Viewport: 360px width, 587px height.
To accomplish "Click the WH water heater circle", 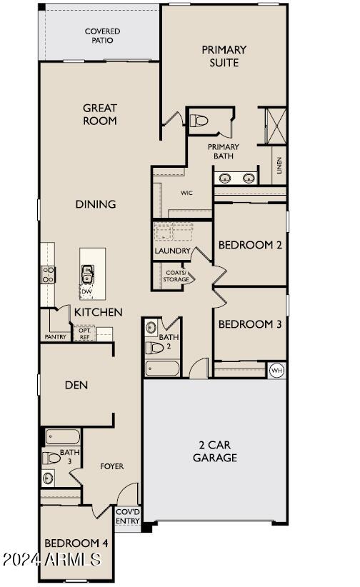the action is coord(277,370).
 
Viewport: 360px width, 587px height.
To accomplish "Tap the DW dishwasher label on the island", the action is coord(86,291).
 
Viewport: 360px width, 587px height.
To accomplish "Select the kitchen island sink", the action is coord(88,274).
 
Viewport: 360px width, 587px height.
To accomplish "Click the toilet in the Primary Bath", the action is coord(199,121).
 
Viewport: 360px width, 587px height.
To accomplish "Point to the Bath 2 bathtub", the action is coord(163,368).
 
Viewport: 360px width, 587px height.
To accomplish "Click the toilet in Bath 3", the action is coord(51,458).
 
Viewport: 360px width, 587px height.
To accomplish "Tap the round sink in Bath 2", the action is coord(151,327).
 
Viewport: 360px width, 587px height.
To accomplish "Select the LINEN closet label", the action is coord(279,165).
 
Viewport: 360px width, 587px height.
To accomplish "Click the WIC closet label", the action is coord(186,193).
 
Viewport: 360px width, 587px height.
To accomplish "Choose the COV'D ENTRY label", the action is coord(128,516).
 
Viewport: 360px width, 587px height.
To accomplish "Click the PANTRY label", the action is coord(56,337).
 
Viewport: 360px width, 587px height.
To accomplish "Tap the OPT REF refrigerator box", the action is coord(85,333).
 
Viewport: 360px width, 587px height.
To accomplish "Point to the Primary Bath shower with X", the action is coord(276,126).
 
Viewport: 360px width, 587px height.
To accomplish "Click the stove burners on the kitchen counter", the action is coord(49,274).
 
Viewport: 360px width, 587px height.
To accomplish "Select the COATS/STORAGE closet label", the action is coord(176,276).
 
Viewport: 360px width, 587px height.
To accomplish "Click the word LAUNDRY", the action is coord(172,251).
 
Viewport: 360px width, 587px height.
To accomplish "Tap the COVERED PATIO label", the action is coord(102,36).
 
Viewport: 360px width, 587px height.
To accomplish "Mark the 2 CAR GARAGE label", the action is coord(215,451).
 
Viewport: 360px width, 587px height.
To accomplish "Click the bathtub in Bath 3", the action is coord(63,437).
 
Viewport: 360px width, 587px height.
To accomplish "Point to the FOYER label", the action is coord(112,466).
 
